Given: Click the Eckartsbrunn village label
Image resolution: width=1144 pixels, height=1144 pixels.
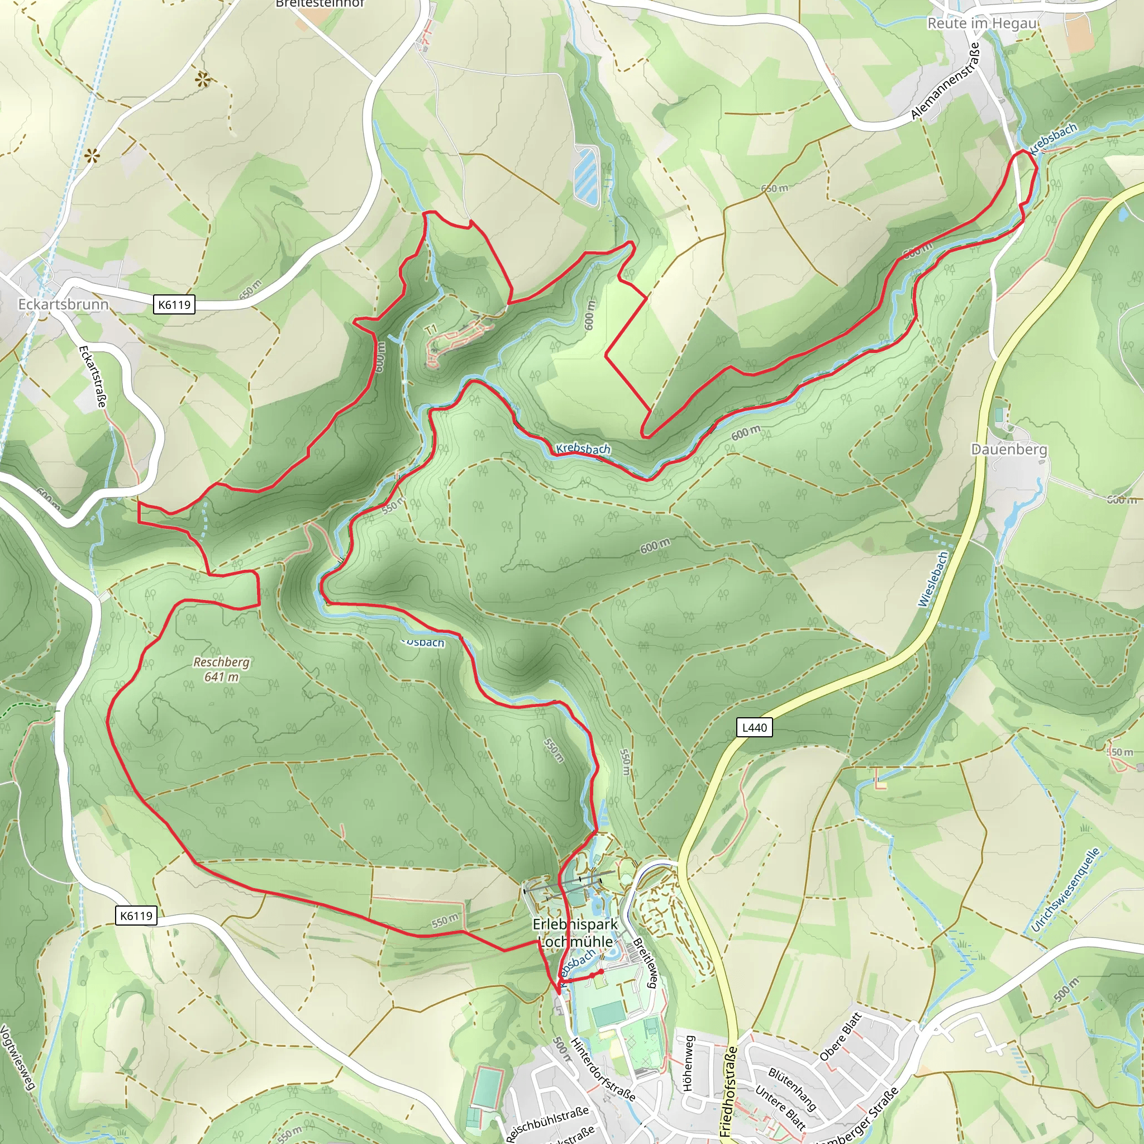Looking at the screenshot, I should click(63, 304).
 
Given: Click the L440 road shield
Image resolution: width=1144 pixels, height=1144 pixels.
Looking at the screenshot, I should click(754, 727).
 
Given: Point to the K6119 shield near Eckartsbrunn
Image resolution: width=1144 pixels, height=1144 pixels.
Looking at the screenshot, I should click(175, 304).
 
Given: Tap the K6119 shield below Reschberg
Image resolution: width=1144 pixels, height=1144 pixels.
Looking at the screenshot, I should click(136, 916).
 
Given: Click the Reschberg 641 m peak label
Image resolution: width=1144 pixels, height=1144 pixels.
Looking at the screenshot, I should click(221, 669).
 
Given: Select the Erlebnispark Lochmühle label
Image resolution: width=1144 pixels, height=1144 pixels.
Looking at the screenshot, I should click(575, 933).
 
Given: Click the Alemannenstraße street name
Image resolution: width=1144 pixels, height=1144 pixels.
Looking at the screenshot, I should click(946, 81).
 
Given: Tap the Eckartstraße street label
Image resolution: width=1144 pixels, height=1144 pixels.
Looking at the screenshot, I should click(93, 376).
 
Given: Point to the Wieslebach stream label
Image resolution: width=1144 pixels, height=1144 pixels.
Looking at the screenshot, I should click(934, 579).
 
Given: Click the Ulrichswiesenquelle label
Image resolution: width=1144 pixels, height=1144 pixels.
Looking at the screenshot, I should click(1065, 890).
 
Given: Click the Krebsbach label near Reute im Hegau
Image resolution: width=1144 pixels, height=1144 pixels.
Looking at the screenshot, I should click(1053, 138).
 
